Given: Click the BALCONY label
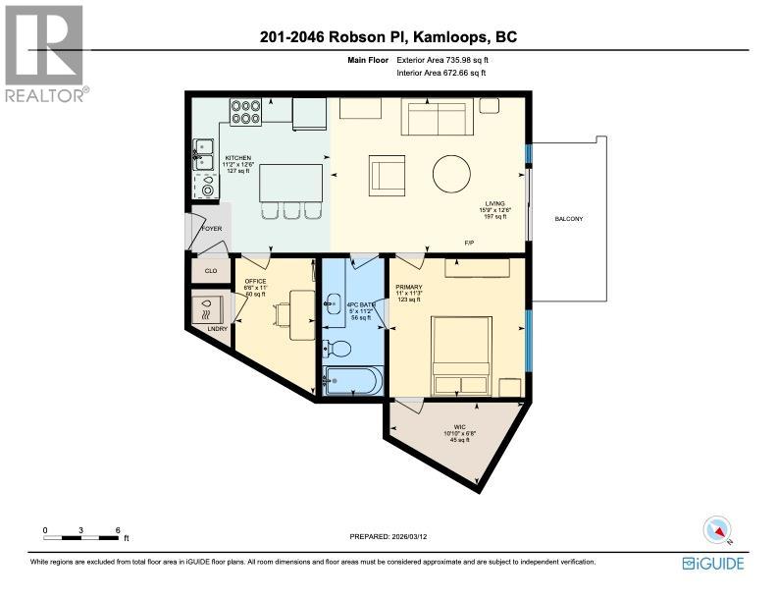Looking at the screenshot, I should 568,218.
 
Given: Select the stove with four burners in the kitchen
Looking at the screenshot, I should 244,113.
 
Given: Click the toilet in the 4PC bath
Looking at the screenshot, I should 337,347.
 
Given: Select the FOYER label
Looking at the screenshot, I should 212,229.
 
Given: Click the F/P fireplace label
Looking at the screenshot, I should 470,242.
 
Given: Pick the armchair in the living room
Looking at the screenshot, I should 387,177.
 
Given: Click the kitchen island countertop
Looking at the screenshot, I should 290,182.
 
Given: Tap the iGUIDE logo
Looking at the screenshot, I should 713,564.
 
